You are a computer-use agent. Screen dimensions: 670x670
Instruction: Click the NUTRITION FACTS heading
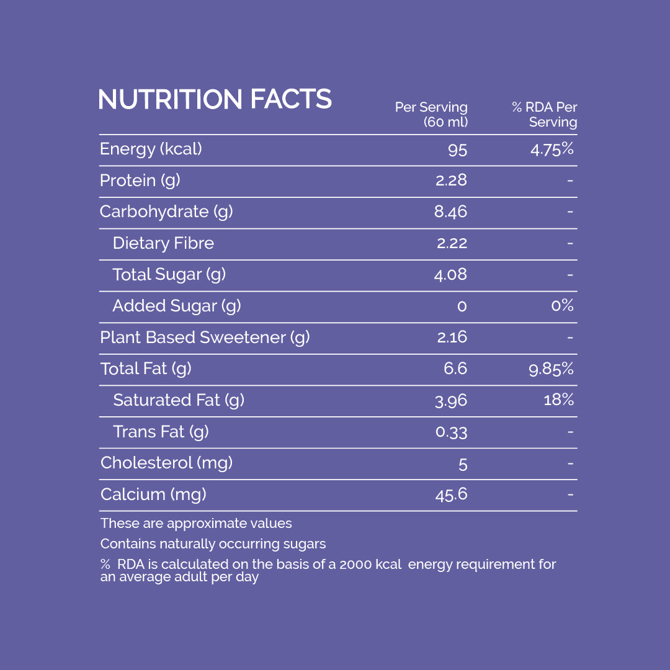tap(215, 99)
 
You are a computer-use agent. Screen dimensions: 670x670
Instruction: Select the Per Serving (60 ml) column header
tap(432, 115)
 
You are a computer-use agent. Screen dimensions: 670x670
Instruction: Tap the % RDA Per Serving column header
tap(545, 115)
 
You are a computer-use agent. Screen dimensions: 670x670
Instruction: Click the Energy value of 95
tap(457, 150)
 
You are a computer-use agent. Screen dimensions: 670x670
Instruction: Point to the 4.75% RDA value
tap(552, 150)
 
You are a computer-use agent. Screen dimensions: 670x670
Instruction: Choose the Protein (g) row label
tap(140, 181)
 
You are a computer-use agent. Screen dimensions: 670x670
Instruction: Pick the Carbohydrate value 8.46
tap(450, 212)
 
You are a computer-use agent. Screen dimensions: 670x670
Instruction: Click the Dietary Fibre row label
tap(163, 243)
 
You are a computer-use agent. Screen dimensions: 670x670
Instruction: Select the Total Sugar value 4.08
tap(450, 275)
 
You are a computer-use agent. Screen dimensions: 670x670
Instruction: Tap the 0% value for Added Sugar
tap(562, 306)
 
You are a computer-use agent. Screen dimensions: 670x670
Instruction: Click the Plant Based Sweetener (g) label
tap(205, 337)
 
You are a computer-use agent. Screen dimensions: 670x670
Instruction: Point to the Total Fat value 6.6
tap(455, 369)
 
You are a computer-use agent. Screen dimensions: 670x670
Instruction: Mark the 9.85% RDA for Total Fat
tap(551, 369)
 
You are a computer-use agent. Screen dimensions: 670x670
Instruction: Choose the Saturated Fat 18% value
tap(558, 400)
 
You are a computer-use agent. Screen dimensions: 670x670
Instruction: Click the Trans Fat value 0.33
tap(451, 432)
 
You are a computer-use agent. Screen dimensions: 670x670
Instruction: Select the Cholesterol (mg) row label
tap(166, 463)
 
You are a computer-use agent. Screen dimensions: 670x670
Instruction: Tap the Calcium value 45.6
tap(451, 494)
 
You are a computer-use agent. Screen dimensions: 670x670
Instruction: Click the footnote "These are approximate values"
tap(196, 524)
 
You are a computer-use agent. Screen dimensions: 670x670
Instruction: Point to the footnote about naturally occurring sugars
tap(213, 544)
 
